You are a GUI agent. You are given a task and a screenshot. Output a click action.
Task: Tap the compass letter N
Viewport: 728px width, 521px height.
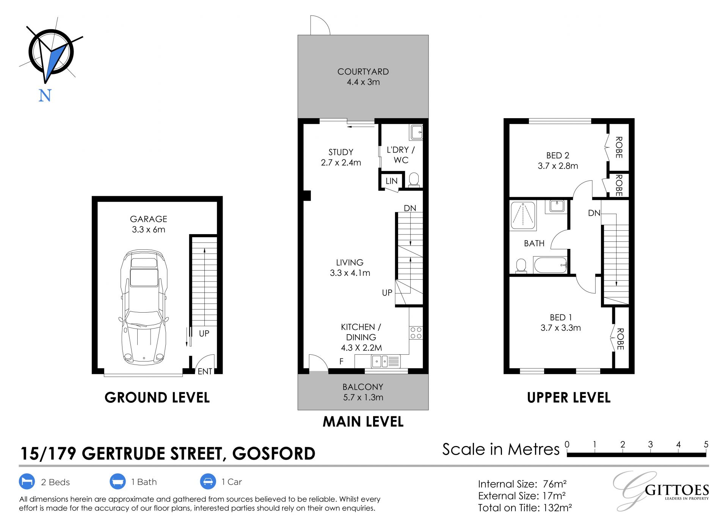click(45, 95)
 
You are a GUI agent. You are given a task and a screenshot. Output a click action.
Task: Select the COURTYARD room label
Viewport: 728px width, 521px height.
click(363, 72)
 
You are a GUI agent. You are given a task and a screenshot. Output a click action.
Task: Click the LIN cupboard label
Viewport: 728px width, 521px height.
click(391, 181)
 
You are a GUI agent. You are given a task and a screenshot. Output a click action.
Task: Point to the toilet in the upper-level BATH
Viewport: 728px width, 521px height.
click(521, 266)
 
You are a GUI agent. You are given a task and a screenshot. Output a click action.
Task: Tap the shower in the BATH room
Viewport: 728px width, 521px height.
click(523, 216)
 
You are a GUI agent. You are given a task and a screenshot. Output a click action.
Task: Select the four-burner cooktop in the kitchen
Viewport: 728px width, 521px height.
click(416, 333)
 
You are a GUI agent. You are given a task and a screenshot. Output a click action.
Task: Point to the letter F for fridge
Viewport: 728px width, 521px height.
click(341, 361)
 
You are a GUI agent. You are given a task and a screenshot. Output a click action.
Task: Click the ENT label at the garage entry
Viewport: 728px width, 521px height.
click(205, 372)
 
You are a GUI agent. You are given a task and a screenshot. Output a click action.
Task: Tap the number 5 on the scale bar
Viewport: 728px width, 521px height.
click(706, 444)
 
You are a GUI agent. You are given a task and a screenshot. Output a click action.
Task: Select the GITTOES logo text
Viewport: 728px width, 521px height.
click(677, 490)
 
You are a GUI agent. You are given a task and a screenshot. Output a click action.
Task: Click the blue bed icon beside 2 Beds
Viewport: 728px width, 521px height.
click(27, 482)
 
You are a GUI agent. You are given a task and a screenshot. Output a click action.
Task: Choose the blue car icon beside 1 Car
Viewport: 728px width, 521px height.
click(207, 482)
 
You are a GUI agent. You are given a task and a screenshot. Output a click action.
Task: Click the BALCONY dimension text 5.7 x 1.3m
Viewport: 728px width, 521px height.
click(363, 397)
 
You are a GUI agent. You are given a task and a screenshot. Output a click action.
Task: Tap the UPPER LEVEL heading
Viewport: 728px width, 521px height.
click(569, 397)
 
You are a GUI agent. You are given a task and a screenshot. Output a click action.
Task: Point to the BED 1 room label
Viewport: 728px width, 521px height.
click(561, 318)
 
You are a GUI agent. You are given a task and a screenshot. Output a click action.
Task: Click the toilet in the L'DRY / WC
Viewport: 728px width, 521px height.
click(414, 180)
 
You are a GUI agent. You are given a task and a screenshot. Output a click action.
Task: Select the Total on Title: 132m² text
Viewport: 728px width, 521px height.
click(525, 508)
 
